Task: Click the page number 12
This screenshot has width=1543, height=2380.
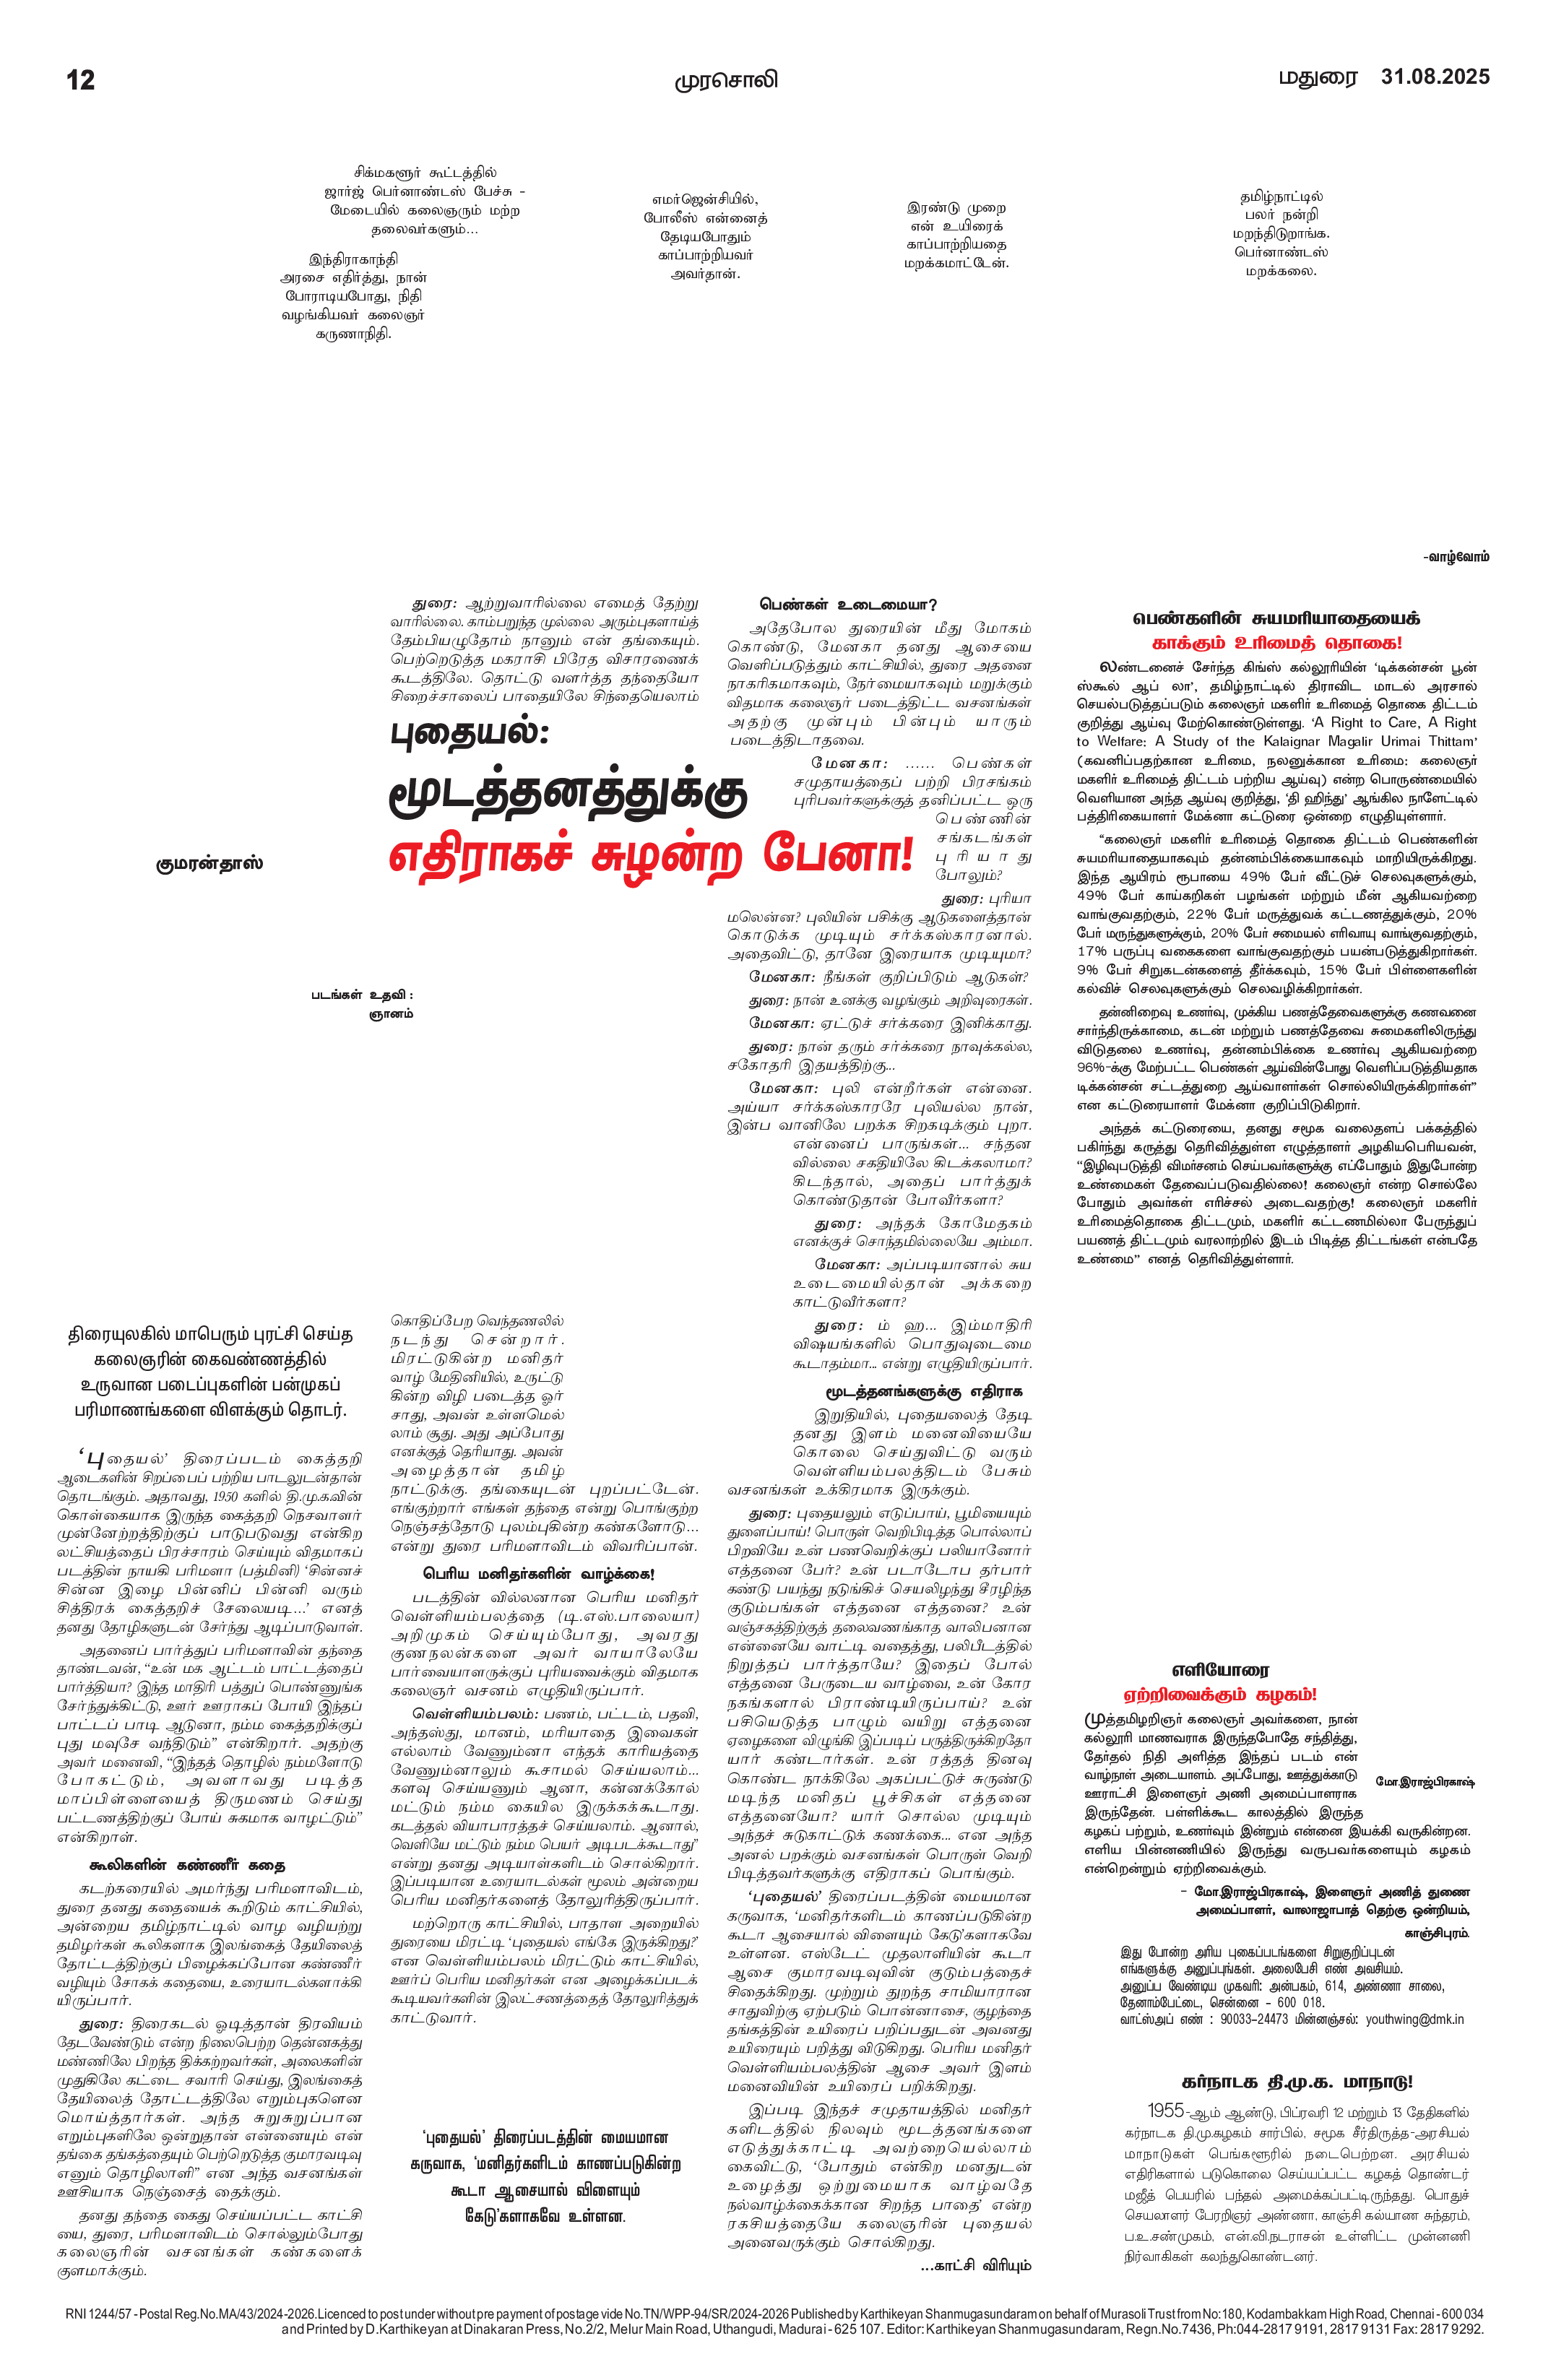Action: pos(81,80)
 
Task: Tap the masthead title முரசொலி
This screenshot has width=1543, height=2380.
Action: pos(725,80)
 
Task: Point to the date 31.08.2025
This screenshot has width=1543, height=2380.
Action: pos(1435,77)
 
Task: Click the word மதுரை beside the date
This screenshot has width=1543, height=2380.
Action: pos(1318,78)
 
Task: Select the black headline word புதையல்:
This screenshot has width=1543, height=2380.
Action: pos(470,734)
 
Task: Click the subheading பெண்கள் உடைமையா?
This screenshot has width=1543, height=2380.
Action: pos(848,605)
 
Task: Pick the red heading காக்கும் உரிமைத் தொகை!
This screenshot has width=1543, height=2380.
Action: pos(1277,643)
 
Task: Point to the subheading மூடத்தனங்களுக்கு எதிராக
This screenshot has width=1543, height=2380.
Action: pos(924,1391)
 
